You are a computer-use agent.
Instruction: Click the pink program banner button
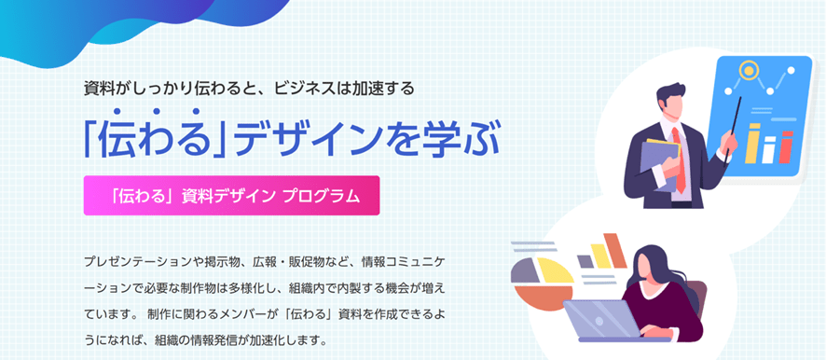click(x=231, y=196)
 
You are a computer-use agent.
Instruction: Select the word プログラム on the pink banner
click(x=321, y=196)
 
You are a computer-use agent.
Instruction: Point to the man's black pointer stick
click(x=734, y=127)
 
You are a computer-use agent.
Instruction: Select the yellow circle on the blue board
click(x=749, y=70)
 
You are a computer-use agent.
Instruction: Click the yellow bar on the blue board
click(x=753, y=144)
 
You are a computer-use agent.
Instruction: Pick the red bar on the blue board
click(x=786, y=148)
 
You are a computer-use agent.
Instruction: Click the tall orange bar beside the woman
click(x=615, y=249)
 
